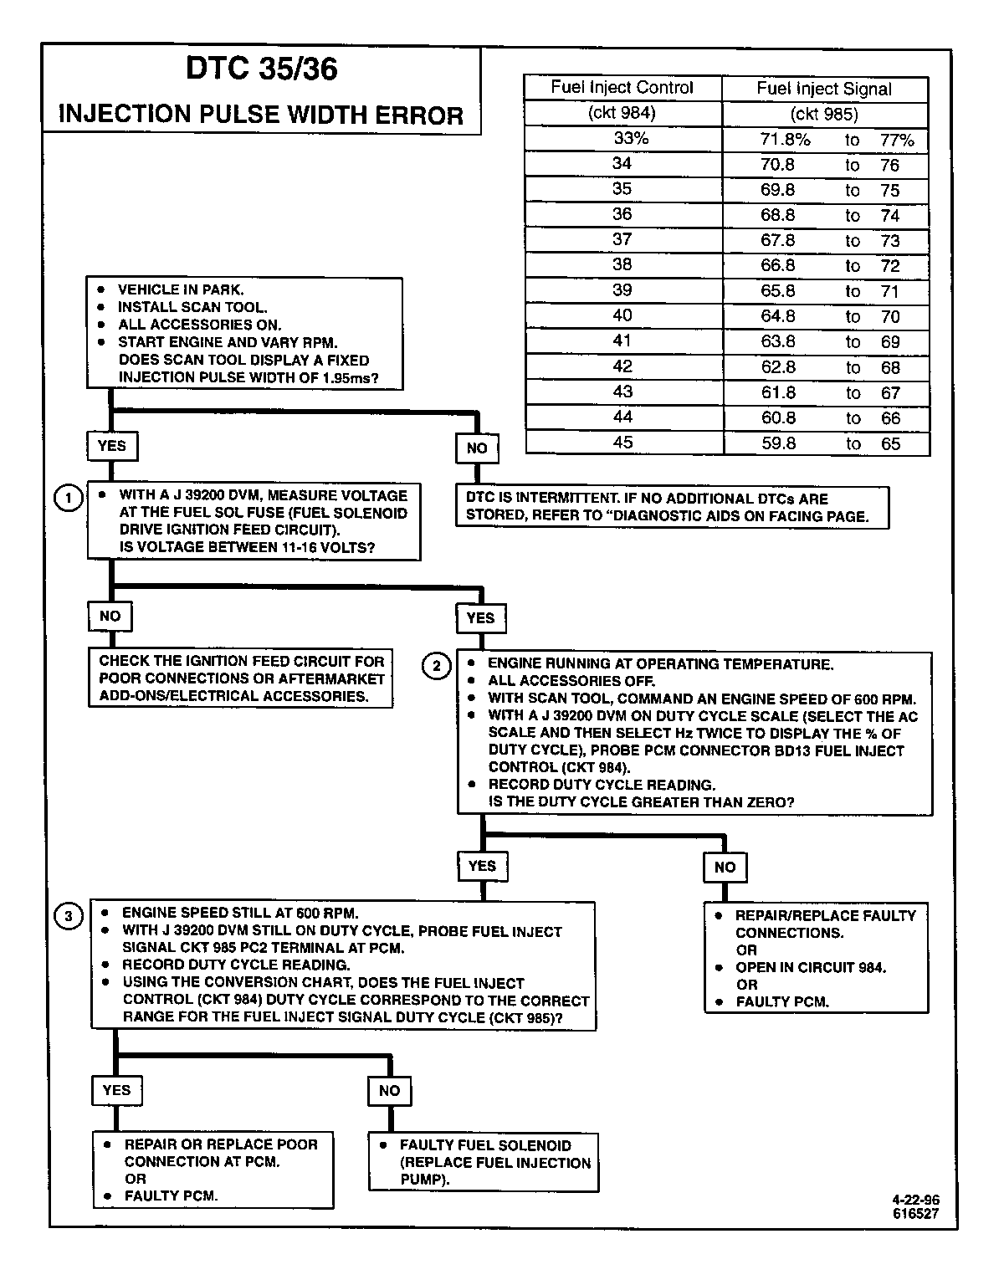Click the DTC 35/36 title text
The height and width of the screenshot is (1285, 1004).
261,69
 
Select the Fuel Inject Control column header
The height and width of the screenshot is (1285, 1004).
622,88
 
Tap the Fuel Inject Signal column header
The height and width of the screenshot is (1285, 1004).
824,89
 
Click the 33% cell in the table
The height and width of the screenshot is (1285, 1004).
631,139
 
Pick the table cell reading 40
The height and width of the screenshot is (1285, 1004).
622,315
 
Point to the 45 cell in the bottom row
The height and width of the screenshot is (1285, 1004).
623,443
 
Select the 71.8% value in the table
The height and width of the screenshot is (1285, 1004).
785,140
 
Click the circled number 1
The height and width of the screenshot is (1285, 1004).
68,499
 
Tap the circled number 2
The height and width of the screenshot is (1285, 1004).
437,667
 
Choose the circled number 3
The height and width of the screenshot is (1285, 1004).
69,917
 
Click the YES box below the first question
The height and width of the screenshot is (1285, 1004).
111,446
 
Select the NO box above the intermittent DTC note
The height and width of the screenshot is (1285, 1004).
477,448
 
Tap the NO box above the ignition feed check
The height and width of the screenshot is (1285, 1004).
110,617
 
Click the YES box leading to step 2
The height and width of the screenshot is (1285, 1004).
480,618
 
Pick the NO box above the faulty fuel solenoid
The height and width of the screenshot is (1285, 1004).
389,1091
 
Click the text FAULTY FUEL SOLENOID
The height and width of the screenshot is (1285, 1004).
485,1145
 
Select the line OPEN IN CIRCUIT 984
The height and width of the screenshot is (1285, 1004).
811,968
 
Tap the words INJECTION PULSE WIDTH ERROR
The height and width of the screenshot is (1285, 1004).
261,115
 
